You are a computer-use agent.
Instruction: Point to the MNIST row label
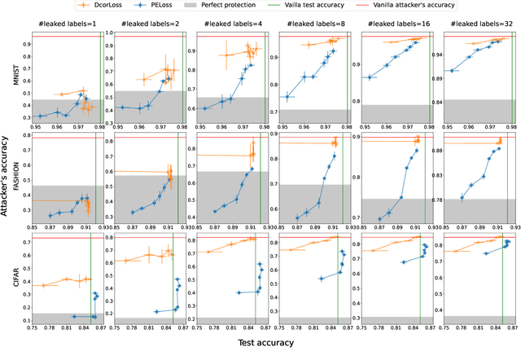17,81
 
